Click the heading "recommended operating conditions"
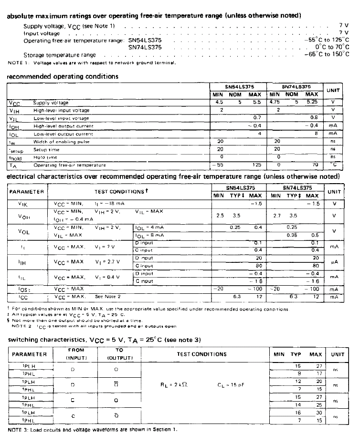(x=63, y=76)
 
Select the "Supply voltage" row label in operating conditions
(x=51, y=103)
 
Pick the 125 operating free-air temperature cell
(x=255, y=165)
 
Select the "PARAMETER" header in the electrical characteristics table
(x=26, y=191)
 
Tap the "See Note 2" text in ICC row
(x=105, y=296)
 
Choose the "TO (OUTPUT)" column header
(x=119, y=354)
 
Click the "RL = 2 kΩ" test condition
(x=174, y=383)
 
